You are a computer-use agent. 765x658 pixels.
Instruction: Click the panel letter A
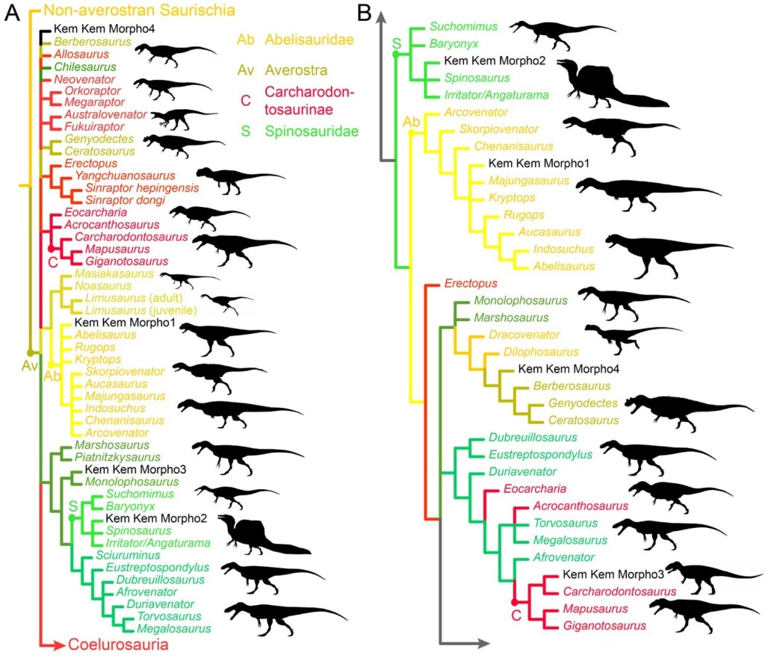[12, 13]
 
